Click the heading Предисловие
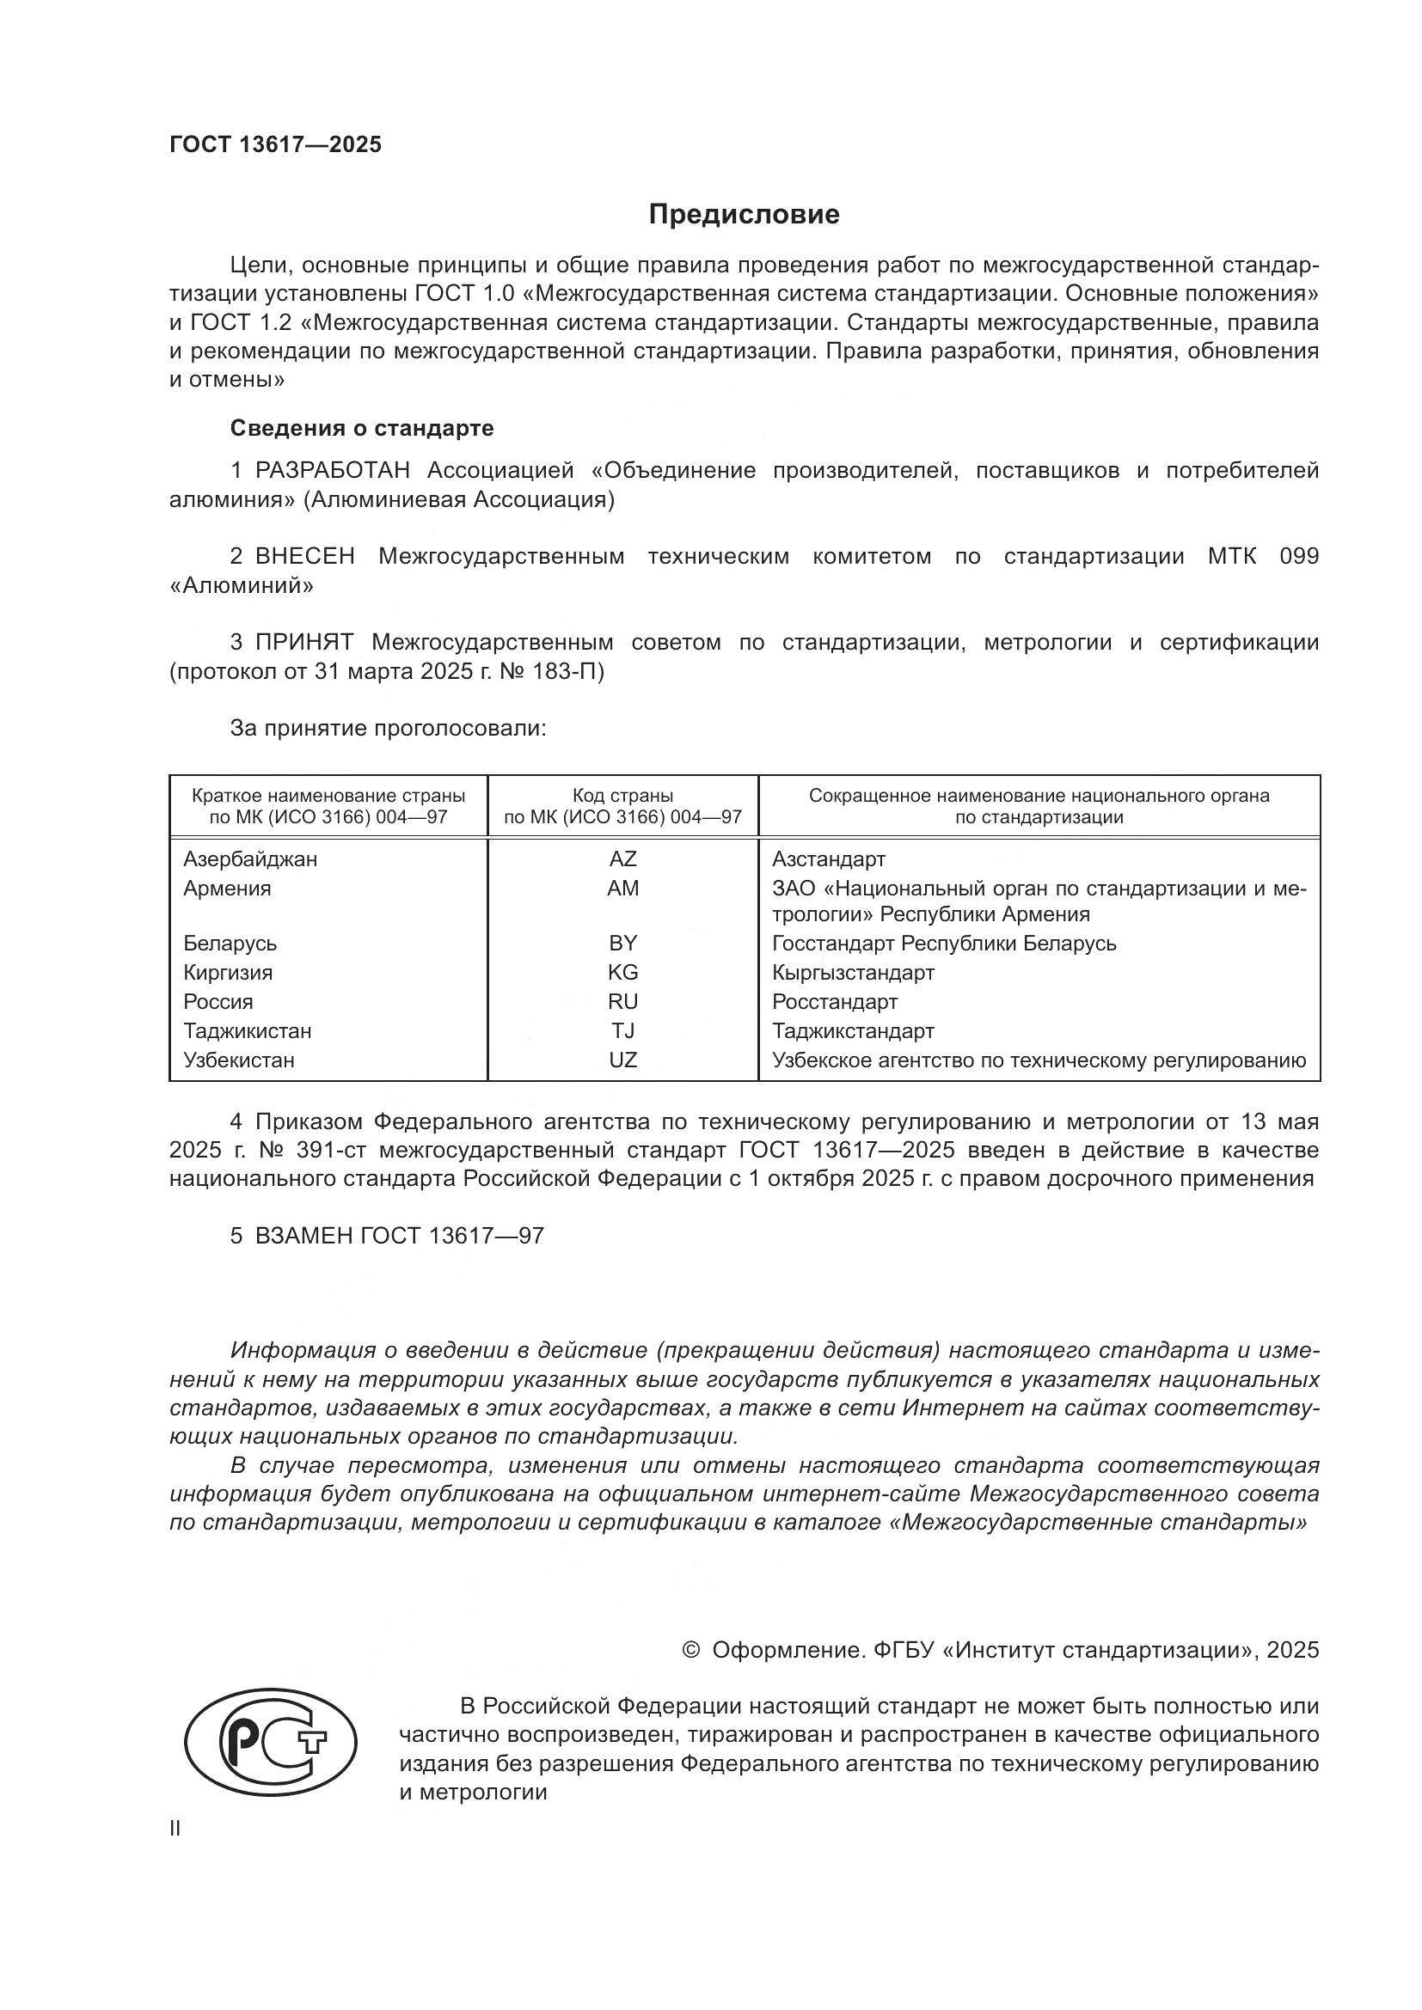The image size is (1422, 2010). (744, 215)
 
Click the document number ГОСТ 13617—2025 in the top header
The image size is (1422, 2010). (276, 145)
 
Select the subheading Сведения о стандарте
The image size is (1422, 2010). (362, 428)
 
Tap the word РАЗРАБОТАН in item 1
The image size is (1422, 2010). (332, 471)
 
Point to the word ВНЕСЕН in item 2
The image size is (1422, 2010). (304, 557)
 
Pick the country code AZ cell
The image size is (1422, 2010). (622, 858)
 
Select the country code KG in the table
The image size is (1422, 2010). (622, 973)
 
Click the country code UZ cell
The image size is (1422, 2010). (622, 1060)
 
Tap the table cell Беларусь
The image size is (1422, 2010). (230, 944)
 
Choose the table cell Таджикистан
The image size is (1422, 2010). (247, 1031)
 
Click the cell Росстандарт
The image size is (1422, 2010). (835, 1001)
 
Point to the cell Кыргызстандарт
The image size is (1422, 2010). (853, 973)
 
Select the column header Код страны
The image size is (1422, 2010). (622, 796)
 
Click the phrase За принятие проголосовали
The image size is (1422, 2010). (388, 729)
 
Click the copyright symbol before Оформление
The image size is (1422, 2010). (691, 1650)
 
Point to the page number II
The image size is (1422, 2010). (175, 1829)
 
